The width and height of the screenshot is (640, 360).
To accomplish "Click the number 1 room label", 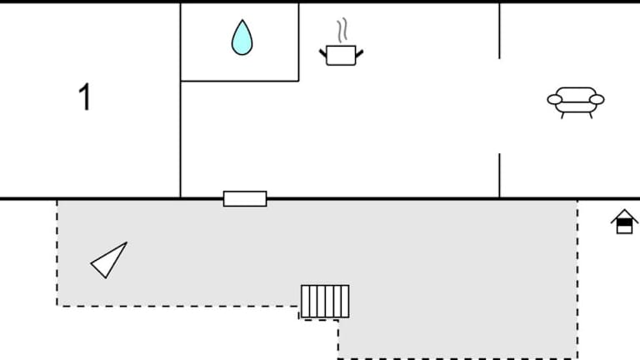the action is click(x=84, y=97).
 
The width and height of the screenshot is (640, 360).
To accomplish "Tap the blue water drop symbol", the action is click(x=242, y=37).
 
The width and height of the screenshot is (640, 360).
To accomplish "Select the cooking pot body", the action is click(x=341, y=56).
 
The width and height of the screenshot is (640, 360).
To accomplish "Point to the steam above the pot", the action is click(x=342, y=30).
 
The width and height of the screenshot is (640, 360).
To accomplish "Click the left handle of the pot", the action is click(x=322, y=53).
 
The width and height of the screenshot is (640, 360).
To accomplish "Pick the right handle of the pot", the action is click(x=359, y=53).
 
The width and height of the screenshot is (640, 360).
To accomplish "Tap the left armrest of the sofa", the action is click(x=555, y=99).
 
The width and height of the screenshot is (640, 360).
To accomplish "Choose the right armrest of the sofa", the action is click(x=597, y=99).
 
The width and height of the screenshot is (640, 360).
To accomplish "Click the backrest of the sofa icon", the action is click(x=576, y=94).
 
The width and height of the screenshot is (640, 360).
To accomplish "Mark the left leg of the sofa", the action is click(x=562, y=115).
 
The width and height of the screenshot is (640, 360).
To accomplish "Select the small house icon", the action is click(x=624, y=222).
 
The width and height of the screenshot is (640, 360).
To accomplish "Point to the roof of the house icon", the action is click(x=624, y=217).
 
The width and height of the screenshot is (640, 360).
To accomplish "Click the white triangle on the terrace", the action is click(x=109, y=260).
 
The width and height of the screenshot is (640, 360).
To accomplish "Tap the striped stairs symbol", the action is click(x=325, y=301).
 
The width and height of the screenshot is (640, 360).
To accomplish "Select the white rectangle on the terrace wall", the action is click(x=245, y=199).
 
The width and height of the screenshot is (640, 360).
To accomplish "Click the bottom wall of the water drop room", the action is click(x=240, y=81).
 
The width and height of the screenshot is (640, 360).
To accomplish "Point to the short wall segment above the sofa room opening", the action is click(x=499, y=31).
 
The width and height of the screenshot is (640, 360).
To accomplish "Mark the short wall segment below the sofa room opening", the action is click(x=499, y=176).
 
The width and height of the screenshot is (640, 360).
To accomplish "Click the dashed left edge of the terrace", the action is click(x=57, y=253).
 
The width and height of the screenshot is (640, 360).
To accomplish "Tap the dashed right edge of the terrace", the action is click(x=577, y=280).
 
